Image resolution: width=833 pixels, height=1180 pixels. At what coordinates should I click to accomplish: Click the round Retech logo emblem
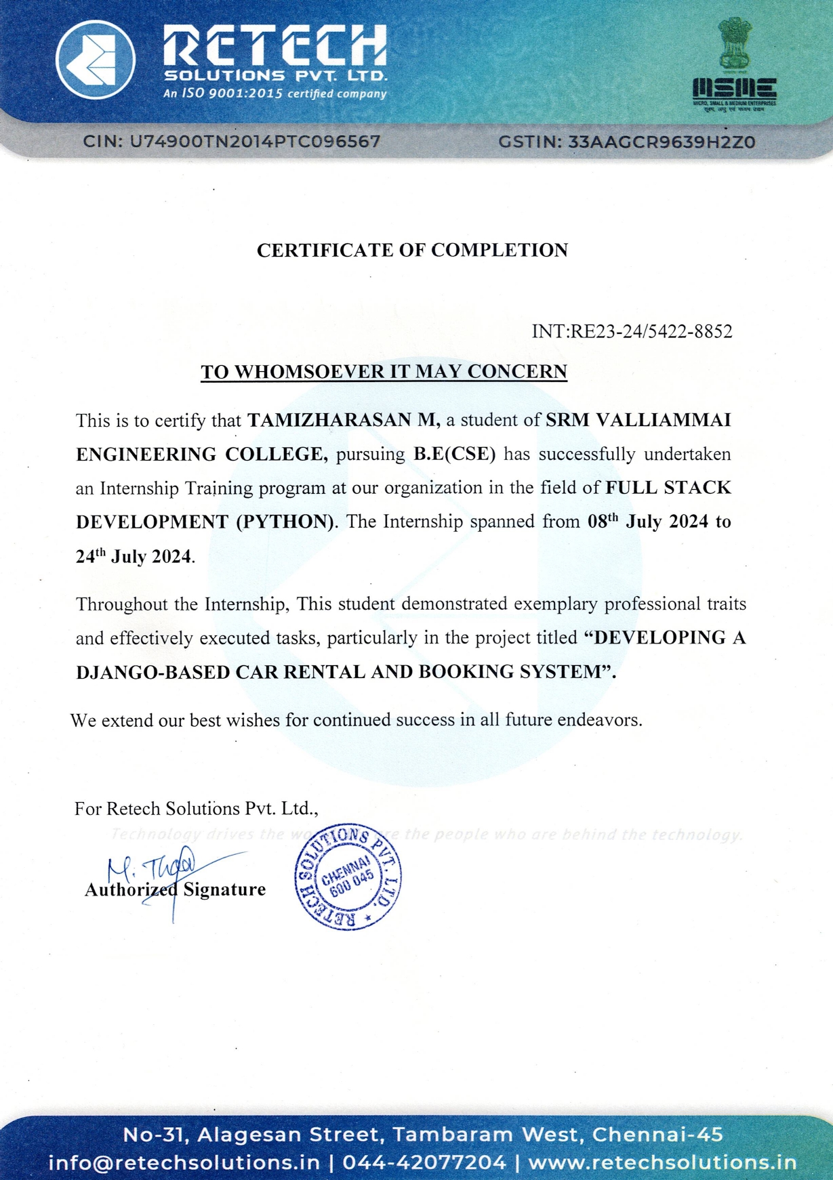tap(95, 59)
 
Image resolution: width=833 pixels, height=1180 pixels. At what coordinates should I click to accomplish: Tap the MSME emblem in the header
tap(734, 65)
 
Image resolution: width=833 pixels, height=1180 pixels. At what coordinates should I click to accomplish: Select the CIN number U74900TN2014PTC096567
tap(254, 142)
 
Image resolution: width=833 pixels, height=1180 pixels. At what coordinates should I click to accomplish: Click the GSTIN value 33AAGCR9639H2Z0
tap(661, 142)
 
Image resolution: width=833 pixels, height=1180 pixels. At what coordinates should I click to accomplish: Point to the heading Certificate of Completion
tap(412, 250)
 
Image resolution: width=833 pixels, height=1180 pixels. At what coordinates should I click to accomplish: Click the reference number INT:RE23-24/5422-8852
tap(632, 331)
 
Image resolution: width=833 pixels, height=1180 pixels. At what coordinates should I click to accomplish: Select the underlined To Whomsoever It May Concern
tap(384, 371)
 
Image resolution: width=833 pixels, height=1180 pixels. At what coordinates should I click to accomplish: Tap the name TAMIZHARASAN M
tap(344, 420)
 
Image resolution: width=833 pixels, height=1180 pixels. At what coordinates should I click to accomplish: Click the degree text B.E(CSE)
tap(455, 454)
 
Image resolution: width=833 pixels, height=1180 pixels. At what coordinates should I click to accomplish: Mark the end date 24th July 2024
tap(134, 556)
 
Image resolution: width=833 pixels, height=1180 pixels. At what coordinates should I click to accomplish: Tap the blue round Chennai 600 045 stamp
tap(348, 878)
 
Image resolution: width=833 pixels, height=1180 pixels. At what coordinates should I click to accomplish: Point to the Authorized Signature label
tap(175, 889)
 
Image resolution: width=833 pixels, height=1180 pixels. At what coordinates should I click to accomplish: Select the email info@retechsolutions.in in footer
tap(184, 1162)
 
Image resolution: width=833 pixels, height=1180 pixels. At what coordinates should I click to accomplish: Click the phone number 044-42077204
tap(424, 1162)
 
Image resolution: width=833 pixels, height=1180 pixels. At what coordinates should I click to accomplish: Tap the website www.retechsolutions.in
tap(662, 1162)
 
